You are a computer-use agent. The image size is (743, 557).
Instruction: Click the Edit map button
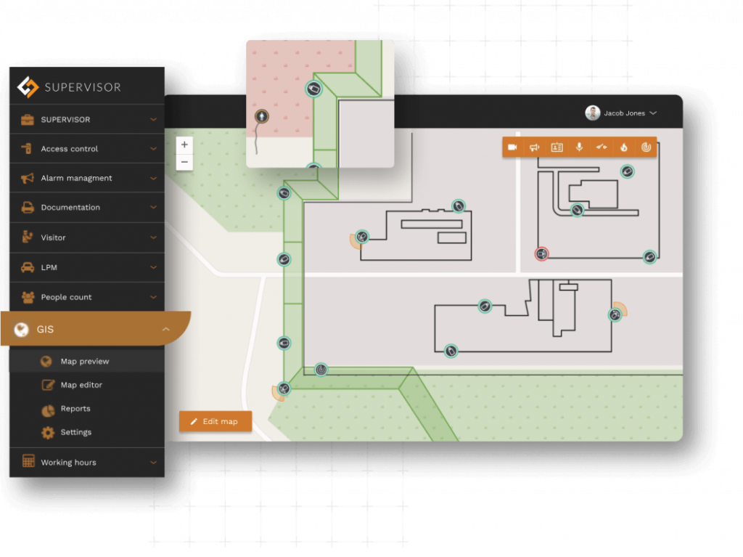pos(215,421)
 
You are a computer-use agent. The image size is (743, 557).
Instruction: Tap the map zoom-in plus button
pos(184,145)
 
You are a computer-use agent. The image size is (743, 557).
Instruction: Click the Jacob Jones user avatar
pos(592,113)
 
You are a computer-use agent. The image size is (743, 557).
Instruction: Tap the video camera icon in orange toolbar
pos(513,147)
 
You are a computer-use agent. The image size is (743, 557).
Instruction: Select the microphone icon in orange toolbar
pos(579,147)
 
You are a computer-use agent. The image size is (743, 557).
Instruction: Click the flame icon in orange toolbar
pos(623,147)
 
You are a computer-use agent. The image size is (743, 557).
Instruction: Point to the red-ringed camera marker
pos(541,254)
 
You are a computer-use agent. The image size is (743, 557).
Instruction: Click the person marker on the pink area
pos(261,116)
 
